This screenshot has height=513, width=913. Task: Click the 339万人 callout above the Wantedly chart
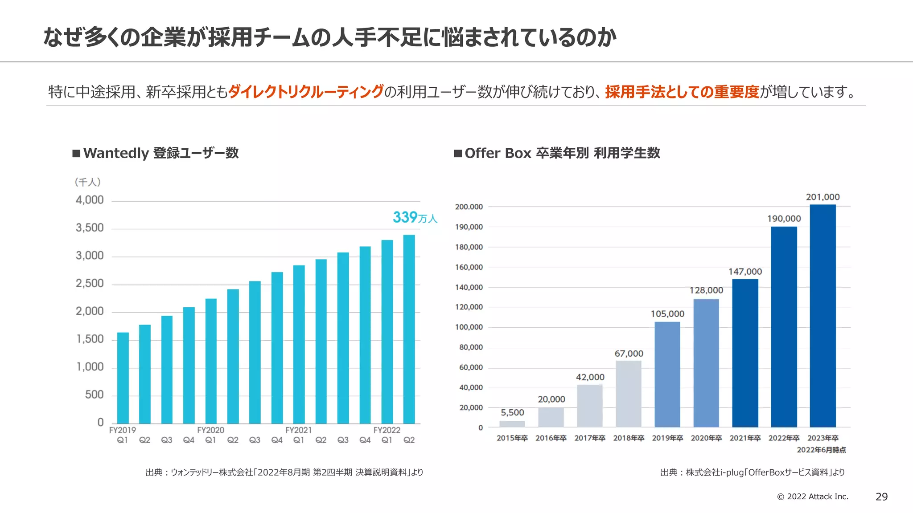(415, 217)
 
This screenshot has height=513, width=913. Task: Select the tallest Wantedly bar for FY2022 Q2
(409, 330)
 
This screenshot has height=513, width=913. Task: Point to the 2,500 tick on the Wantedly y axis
(90, 284)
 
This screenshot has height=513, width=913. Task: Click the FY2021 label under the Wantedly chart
(298, 430)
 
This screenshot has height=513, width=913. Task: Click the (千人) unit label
(88, 182)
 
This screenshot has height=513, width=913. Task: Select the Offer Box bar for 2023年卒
(823, 316)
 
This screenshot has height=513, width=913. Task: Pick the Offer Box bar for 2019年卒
(667, 374)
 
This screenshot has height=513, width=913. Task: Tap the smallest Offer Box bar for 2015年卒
(512, 424)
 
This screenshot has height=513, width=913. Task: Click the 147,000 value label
(745, 272)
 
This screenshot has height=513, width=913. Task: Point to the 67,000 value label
(629, 354)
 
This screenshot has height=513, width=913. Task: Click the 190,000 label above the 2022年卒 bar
(784, 219)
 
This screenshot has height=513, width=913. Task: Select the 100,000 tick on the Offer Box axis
(469, 327)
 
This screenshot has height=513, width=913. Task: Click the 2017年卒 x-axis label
(590, 438)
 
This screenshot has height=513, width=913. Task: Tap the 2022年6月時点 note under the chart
(821, 450)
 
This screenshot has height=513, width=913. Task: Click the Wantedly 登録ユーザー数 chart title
(160, 153)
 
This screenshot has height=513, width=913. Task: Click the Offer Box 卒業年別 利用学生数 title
(562, 153)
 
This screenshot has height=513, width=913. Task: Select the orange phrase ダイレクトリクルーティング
(306, 92)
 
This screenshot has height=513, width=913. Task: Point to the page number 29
(881, 497)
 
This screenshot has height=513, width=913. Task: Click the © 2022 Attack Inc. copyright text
(813, 497)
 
